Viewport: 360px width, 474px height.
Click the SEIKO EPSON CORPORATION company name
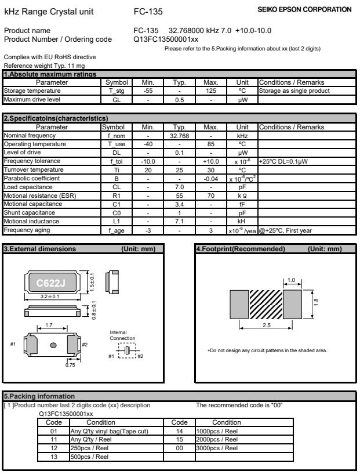311,9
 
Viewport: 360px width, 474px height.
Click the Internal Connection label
122,335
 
